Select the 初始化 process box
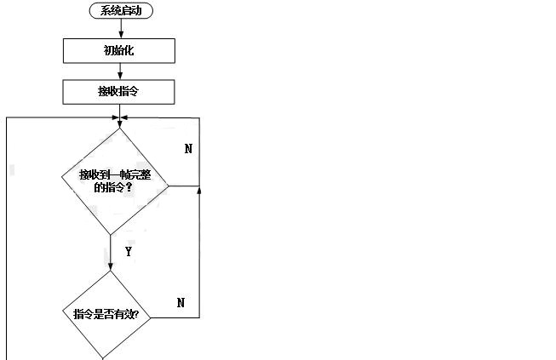pyautogui.click(x=119, y=51)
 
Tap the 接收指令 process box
pyautogui.click(x=119, y=90)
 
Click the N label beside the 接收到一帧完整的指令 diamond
pyautogui.click(x=188, y=148)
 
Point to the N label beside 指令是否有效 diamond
pyautogui.click(x=181, y=302)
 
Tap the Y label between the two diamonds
pyautogui.click(x=128, y=252)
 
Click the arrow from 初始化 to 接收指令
pyautogui.click(x=119, y=71)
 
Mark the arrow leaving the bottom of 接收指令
pyautogui.click(x=119, y=109)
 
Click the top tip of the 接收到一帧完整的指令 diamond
pyautogui.click(x=119, y=128)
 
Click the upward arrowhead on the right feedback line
pyautogui.click(x=199, y=191)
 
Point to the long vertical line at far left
pyautogui.click(x=7, y=238)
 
